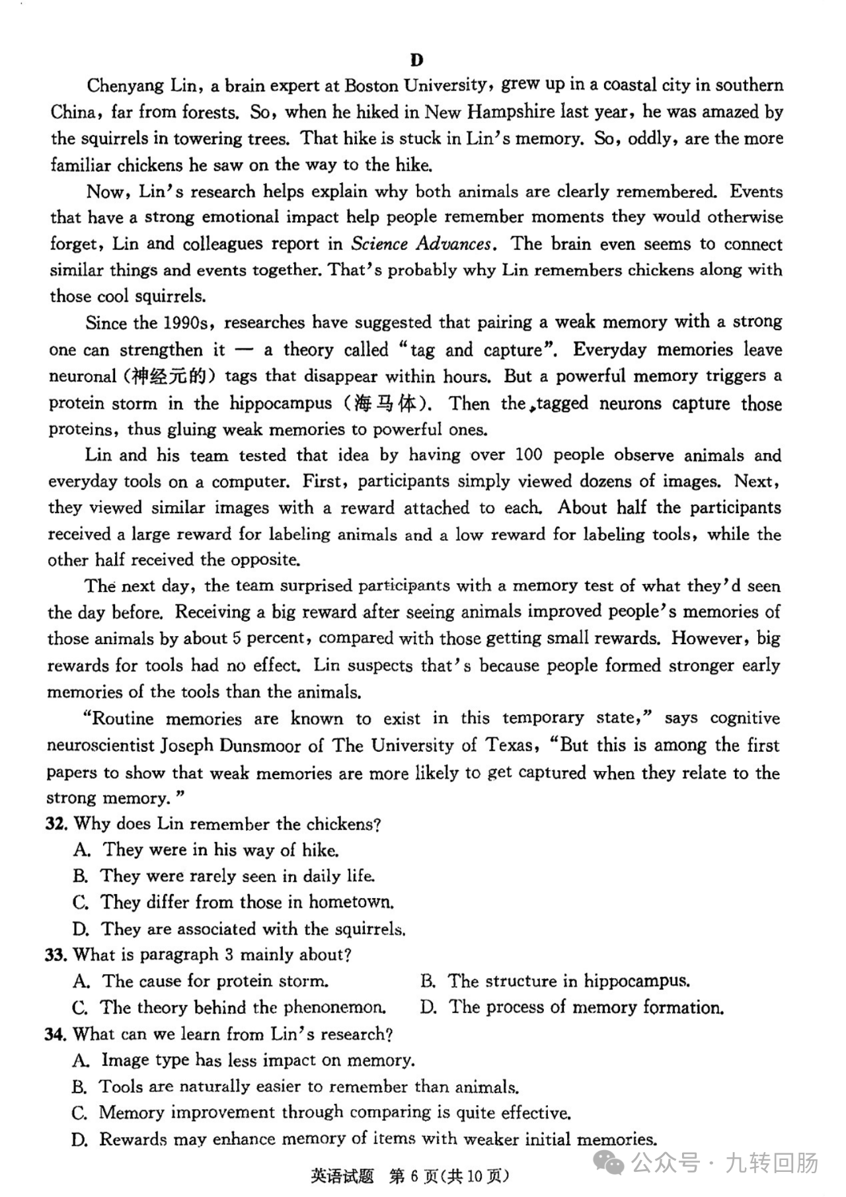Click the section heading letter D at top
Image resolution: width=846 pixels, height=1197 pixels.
[416, 60]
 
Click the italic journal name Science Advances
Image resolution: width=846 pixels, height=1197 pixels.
[421, 244]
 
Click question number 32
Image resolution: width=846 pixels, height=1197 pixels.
[56, 824]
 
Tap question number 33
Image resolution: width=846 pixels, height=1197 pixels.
[56, 955]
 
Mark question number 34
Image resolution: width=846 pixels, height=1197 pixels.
[56, 1034]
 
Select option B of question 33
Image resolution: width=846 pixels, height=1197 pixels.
[428, 981]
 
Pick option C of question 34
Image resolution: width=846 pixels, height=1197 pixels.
[79, 1113]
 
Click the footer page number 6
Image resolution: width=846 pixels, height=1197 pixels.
[415, 1176]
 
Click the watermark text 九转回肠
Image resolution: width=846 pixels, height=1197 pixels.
[771, 1162]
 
